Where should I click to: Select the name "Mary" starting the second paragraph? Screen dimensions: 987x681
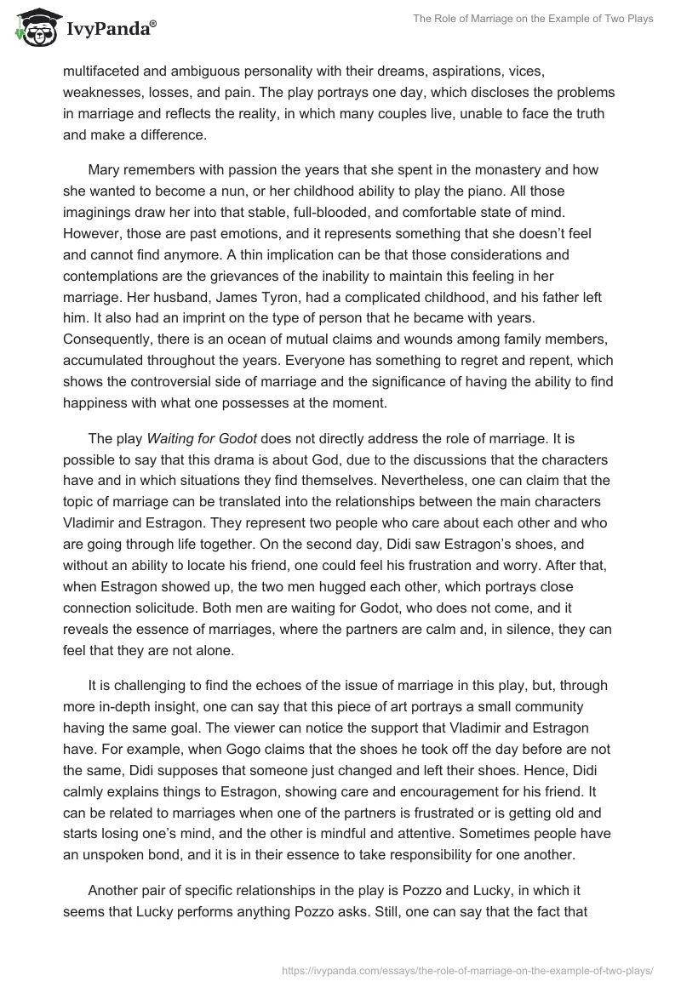click(106, 169)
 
